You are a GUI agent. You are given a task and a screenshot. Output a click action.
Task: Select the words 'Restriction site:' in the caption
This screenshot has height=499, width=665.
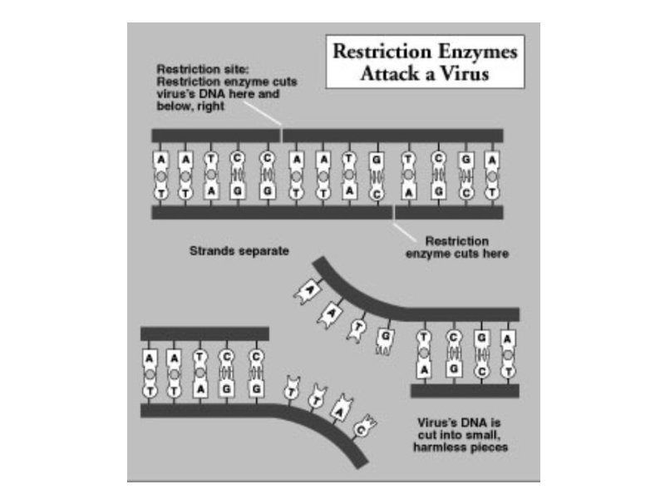194,68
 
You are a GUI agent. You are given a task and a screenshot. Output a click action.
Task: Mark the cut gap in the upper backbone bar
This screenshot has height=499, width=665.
283,135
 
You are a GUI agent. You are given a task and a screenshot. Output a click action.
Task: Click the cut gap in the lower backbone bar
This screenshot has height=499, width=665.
393,212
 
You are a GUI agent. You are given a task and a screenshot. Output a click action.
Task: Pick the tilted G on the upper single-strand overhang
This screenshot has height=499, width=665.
385,337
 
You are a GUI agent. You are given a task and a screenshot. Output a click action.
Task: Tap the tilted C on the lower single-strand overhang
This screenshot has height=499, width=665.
363,429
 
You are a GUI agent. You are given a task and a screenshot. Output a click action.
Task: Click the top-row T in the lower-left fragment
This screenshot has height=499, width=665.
199,355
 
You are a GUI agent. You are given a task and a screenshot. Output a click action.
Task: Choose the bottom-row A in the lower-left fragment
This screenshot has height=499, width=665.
199,388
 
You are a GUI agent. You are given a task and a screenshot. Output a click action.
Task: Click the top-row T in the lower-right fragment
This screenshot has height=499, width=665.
425,338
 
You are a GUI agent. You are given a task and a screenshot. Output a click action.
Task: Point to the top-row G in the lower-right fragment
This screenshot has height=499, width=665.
480,338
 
